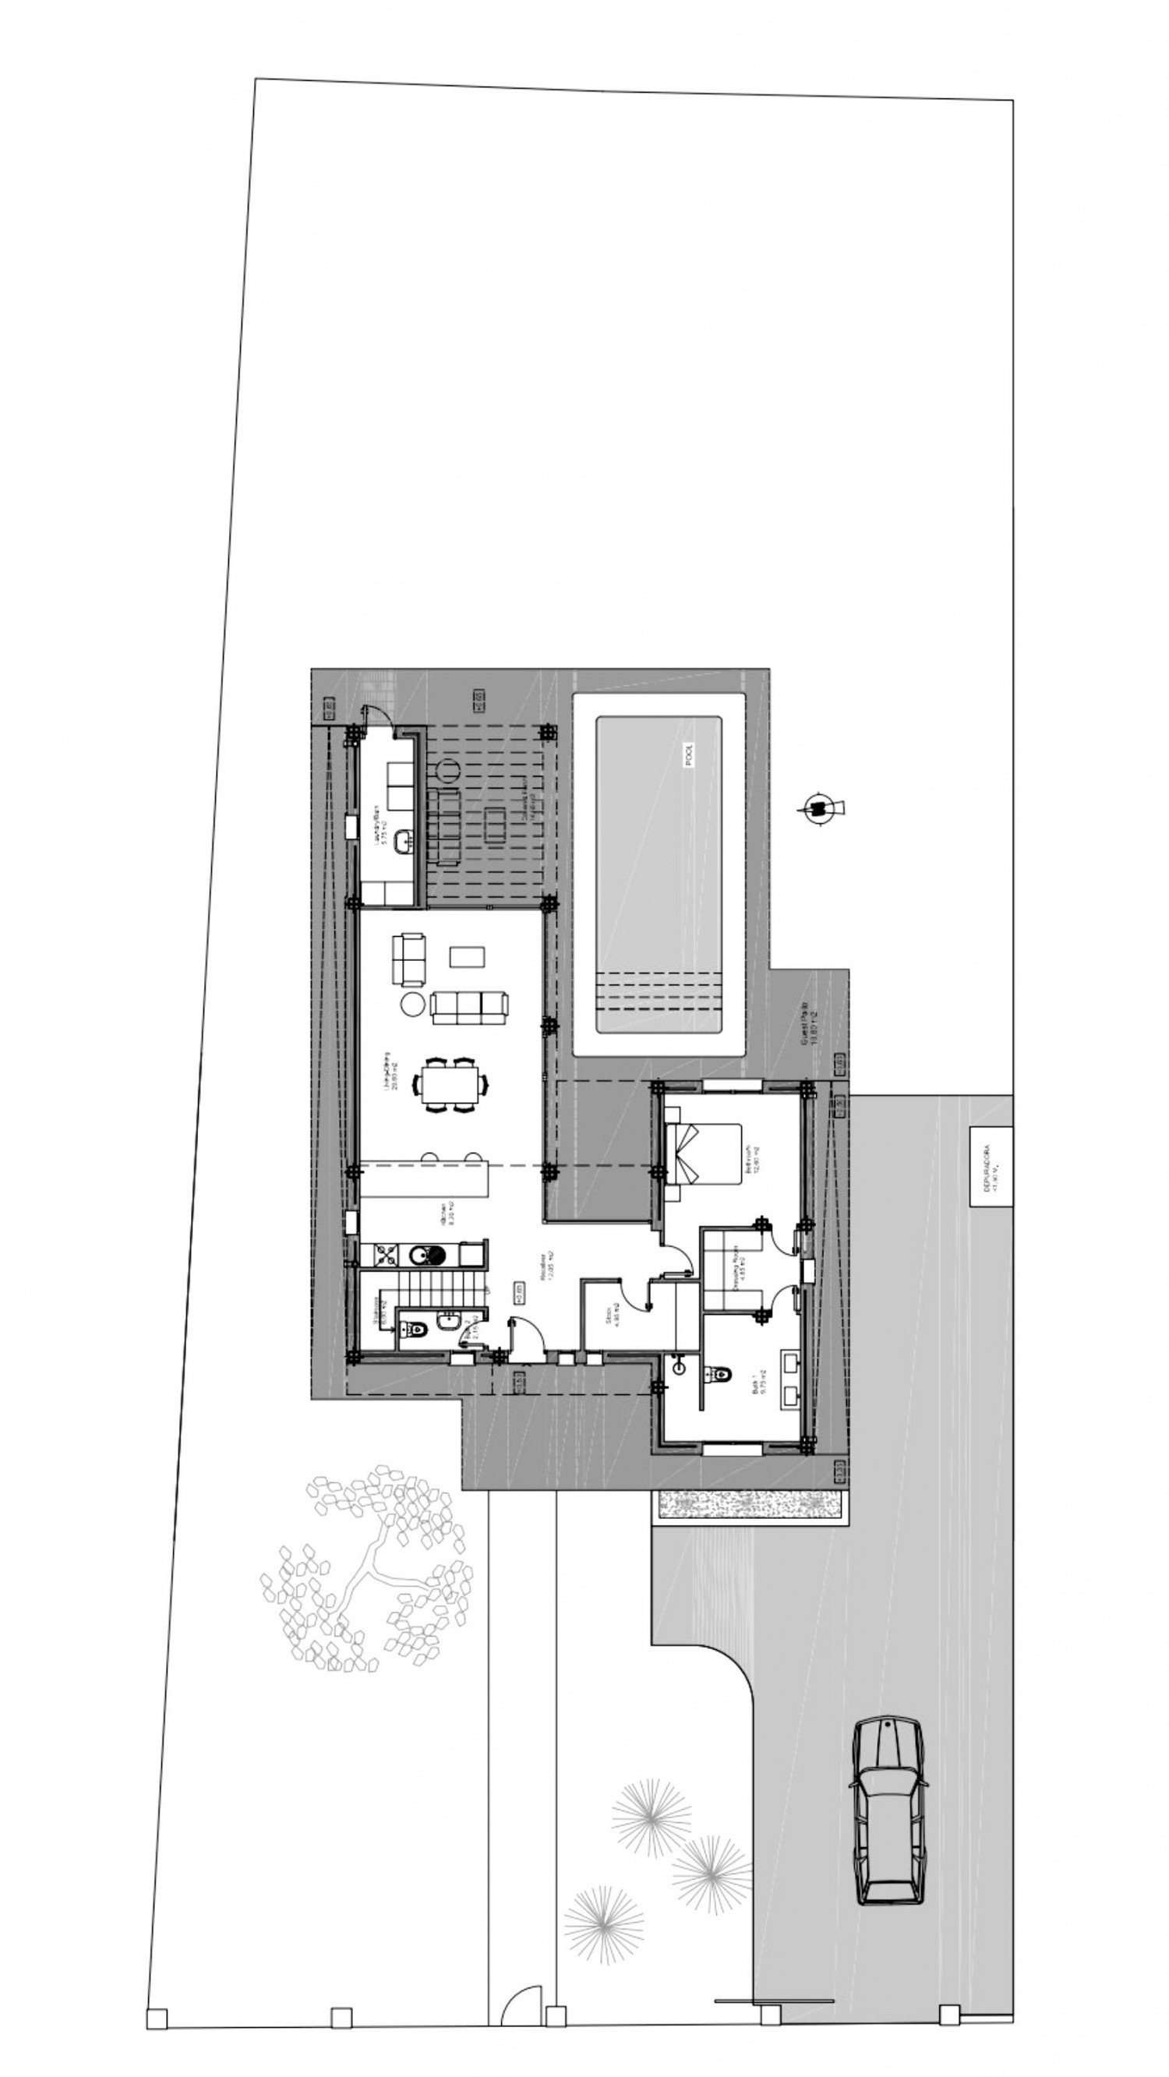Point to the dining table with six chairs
click(450, 1083)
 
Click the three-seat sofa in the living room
click(469, 1007)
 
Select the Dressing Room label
click(741, 1274)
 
